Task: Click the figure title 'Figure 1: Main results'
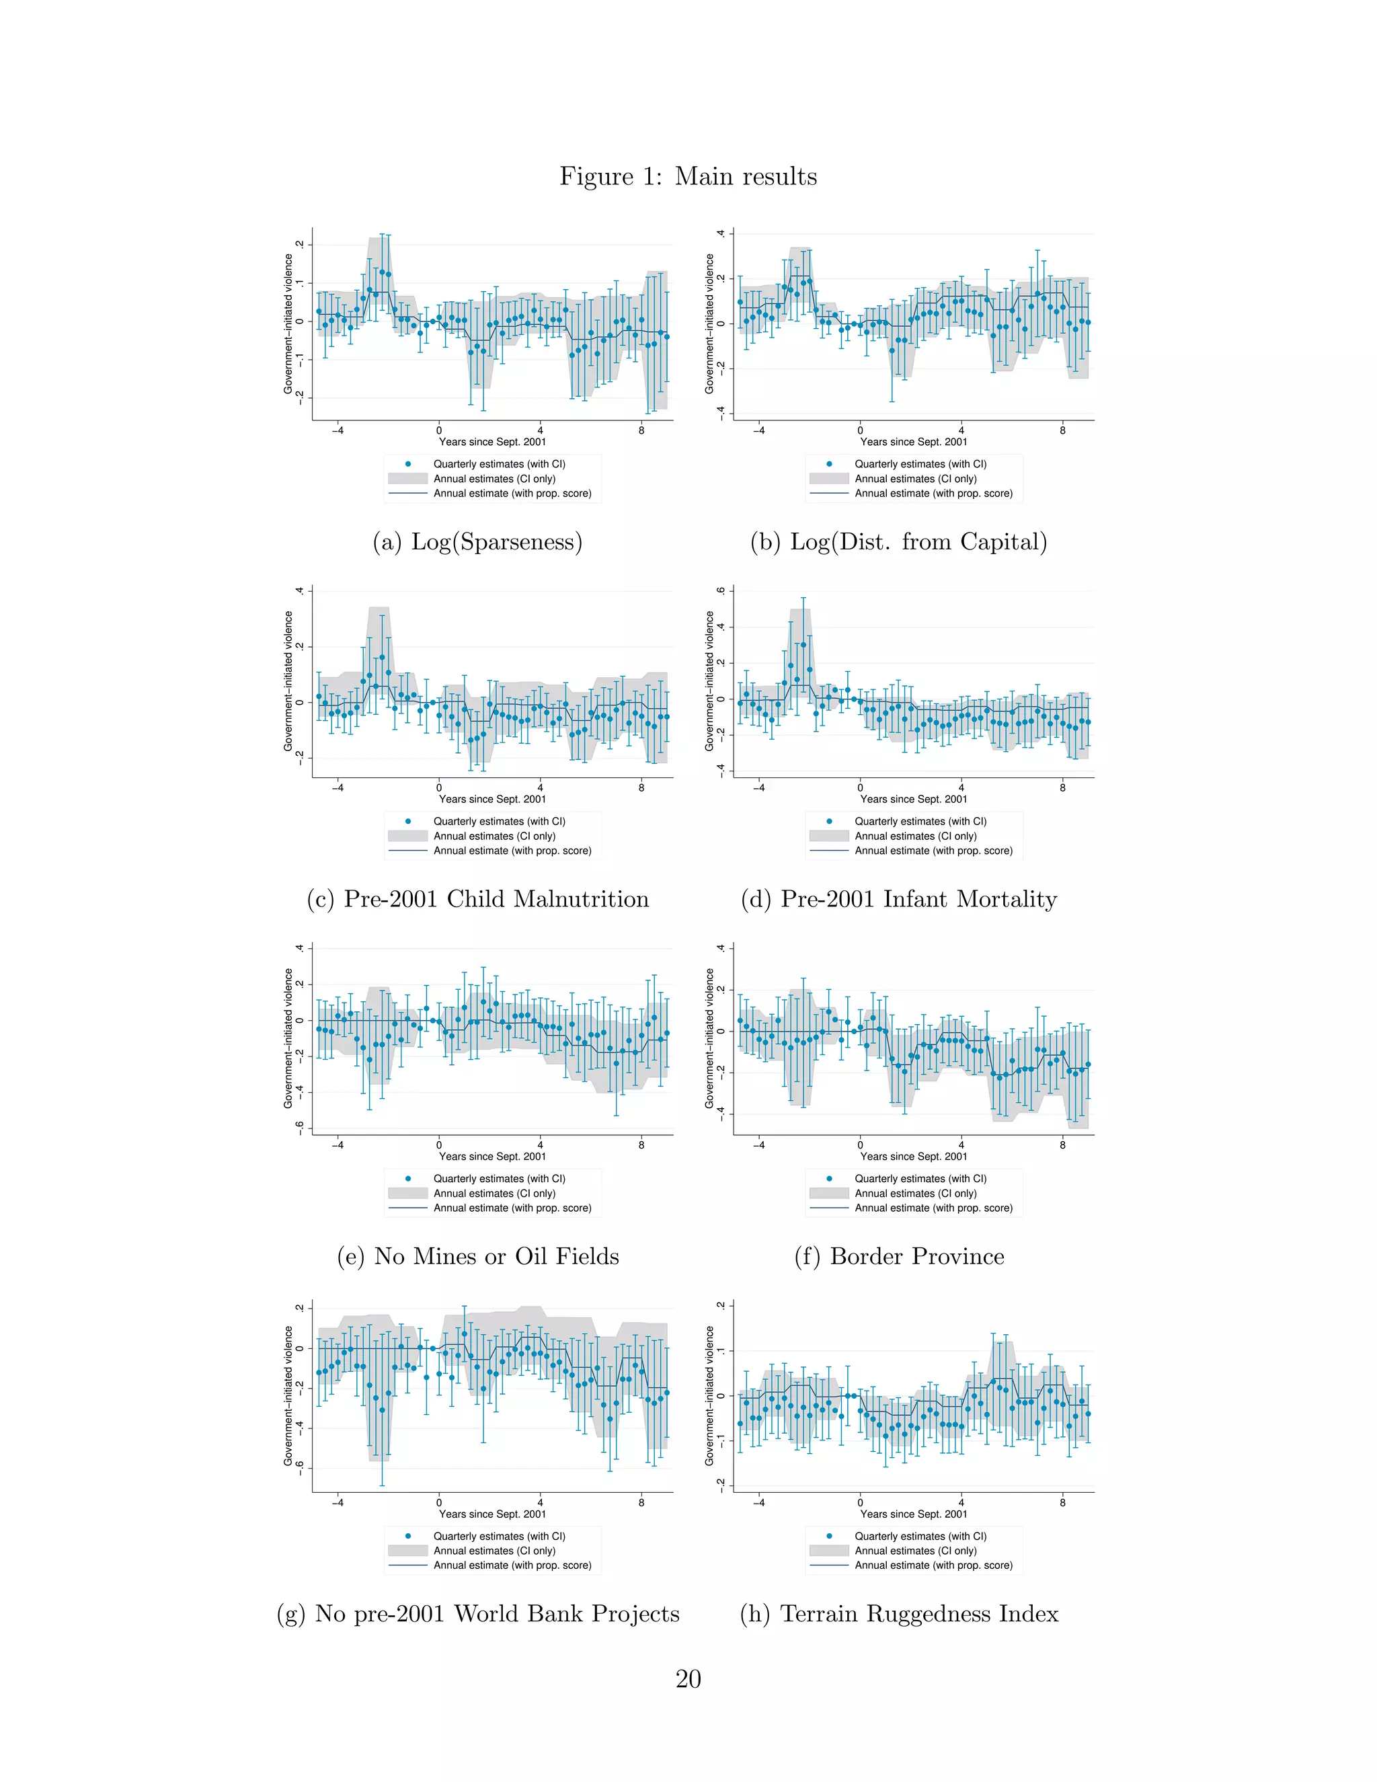pyautogui.click(x=688, y=176)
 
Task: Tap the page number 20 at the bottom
pyautogui.click(x=688, y=1678)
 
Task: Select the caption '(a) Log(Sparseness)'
pyautogui.click(x=477, y=542)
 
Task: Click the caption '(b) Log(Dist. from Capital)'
pyautogui.click(x=898, y=542)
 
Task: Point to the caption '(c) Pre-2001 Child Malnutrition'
pyautogui.click(x=477, y=899)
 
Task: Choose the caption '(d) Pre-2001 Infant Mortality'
pyautogui.click(x=898, y=899)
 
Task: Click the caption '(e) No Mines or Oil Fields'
pyautogui.click(x=477, y=1257)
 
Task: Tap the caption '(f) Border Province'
pyautogui.click(x=898, y=1257)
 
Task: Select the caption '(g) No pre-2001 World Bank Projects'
pyautogui.click(x=477, y=1614)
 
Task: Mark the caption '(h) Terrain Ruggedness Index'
pyautogui.click(x=898, y=1614)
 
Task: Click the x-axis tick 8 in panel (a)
pyautogui.click(x=641, y=430)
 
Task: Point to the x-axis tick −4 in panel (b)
pyautogui.click(x=758, y=430)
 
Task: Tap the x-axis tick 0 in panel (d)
pyautogui.click(x=860, y=787)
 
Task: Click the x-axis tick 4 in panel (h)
pyautogui.click(x=961, y=1502)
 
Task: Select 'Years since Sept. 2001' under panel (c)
pyautogui.click(x=492, y=799)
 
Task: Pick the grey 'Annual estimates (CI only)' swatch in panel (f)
pyautogui.click(x=829, y=1193)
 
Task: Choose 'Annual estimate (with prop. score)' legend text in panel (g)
pyautogui.click(x=512, y=1565)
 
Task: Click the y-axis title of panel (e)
pyautogui.click(x=288, y=1038)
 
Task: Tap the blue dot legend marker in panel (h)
pyautogui.click(x=829, y=1536)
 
